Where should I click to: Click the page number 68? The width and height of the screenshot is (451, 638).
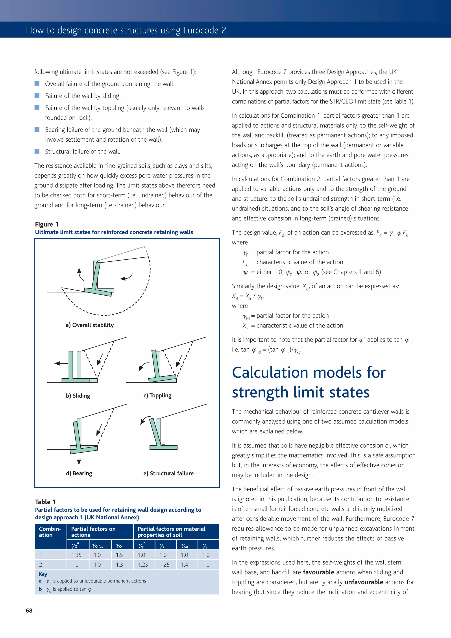click(x=29, y=610)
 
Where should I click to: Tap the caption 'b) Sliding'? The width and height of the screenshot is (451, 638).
click(x=78, y=395)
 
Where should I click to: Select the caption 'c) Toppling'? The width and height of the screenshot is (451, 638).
click(x=157, y=395)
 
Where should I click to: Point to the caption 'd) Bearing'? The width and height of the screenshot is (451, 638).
click(x=79, y=473)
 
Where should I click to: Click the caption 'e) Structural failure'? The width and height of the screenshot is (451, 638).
click(x=168, y=473)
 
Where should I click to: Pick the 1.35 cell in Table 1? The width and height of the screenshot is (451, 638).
click(x=76, y=555)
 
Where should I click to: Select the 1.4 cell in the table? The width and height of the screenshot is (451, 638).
click(x=185, y=565)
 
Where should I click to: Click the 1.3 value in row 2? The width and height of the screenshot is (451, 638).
click(x=119, y=565)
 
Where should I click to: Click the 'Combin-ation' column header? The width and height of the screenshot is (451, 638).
click(x=50, y=532)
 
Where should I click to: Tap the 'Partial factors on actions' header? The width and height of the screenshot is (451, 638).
click(x=93, y=532)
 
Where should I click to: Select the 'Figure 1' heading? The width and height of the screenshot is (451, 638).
click(x=47, y=224)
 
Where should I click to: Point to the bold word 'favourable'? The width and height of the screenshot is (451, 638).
click(x=318, y=572)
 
